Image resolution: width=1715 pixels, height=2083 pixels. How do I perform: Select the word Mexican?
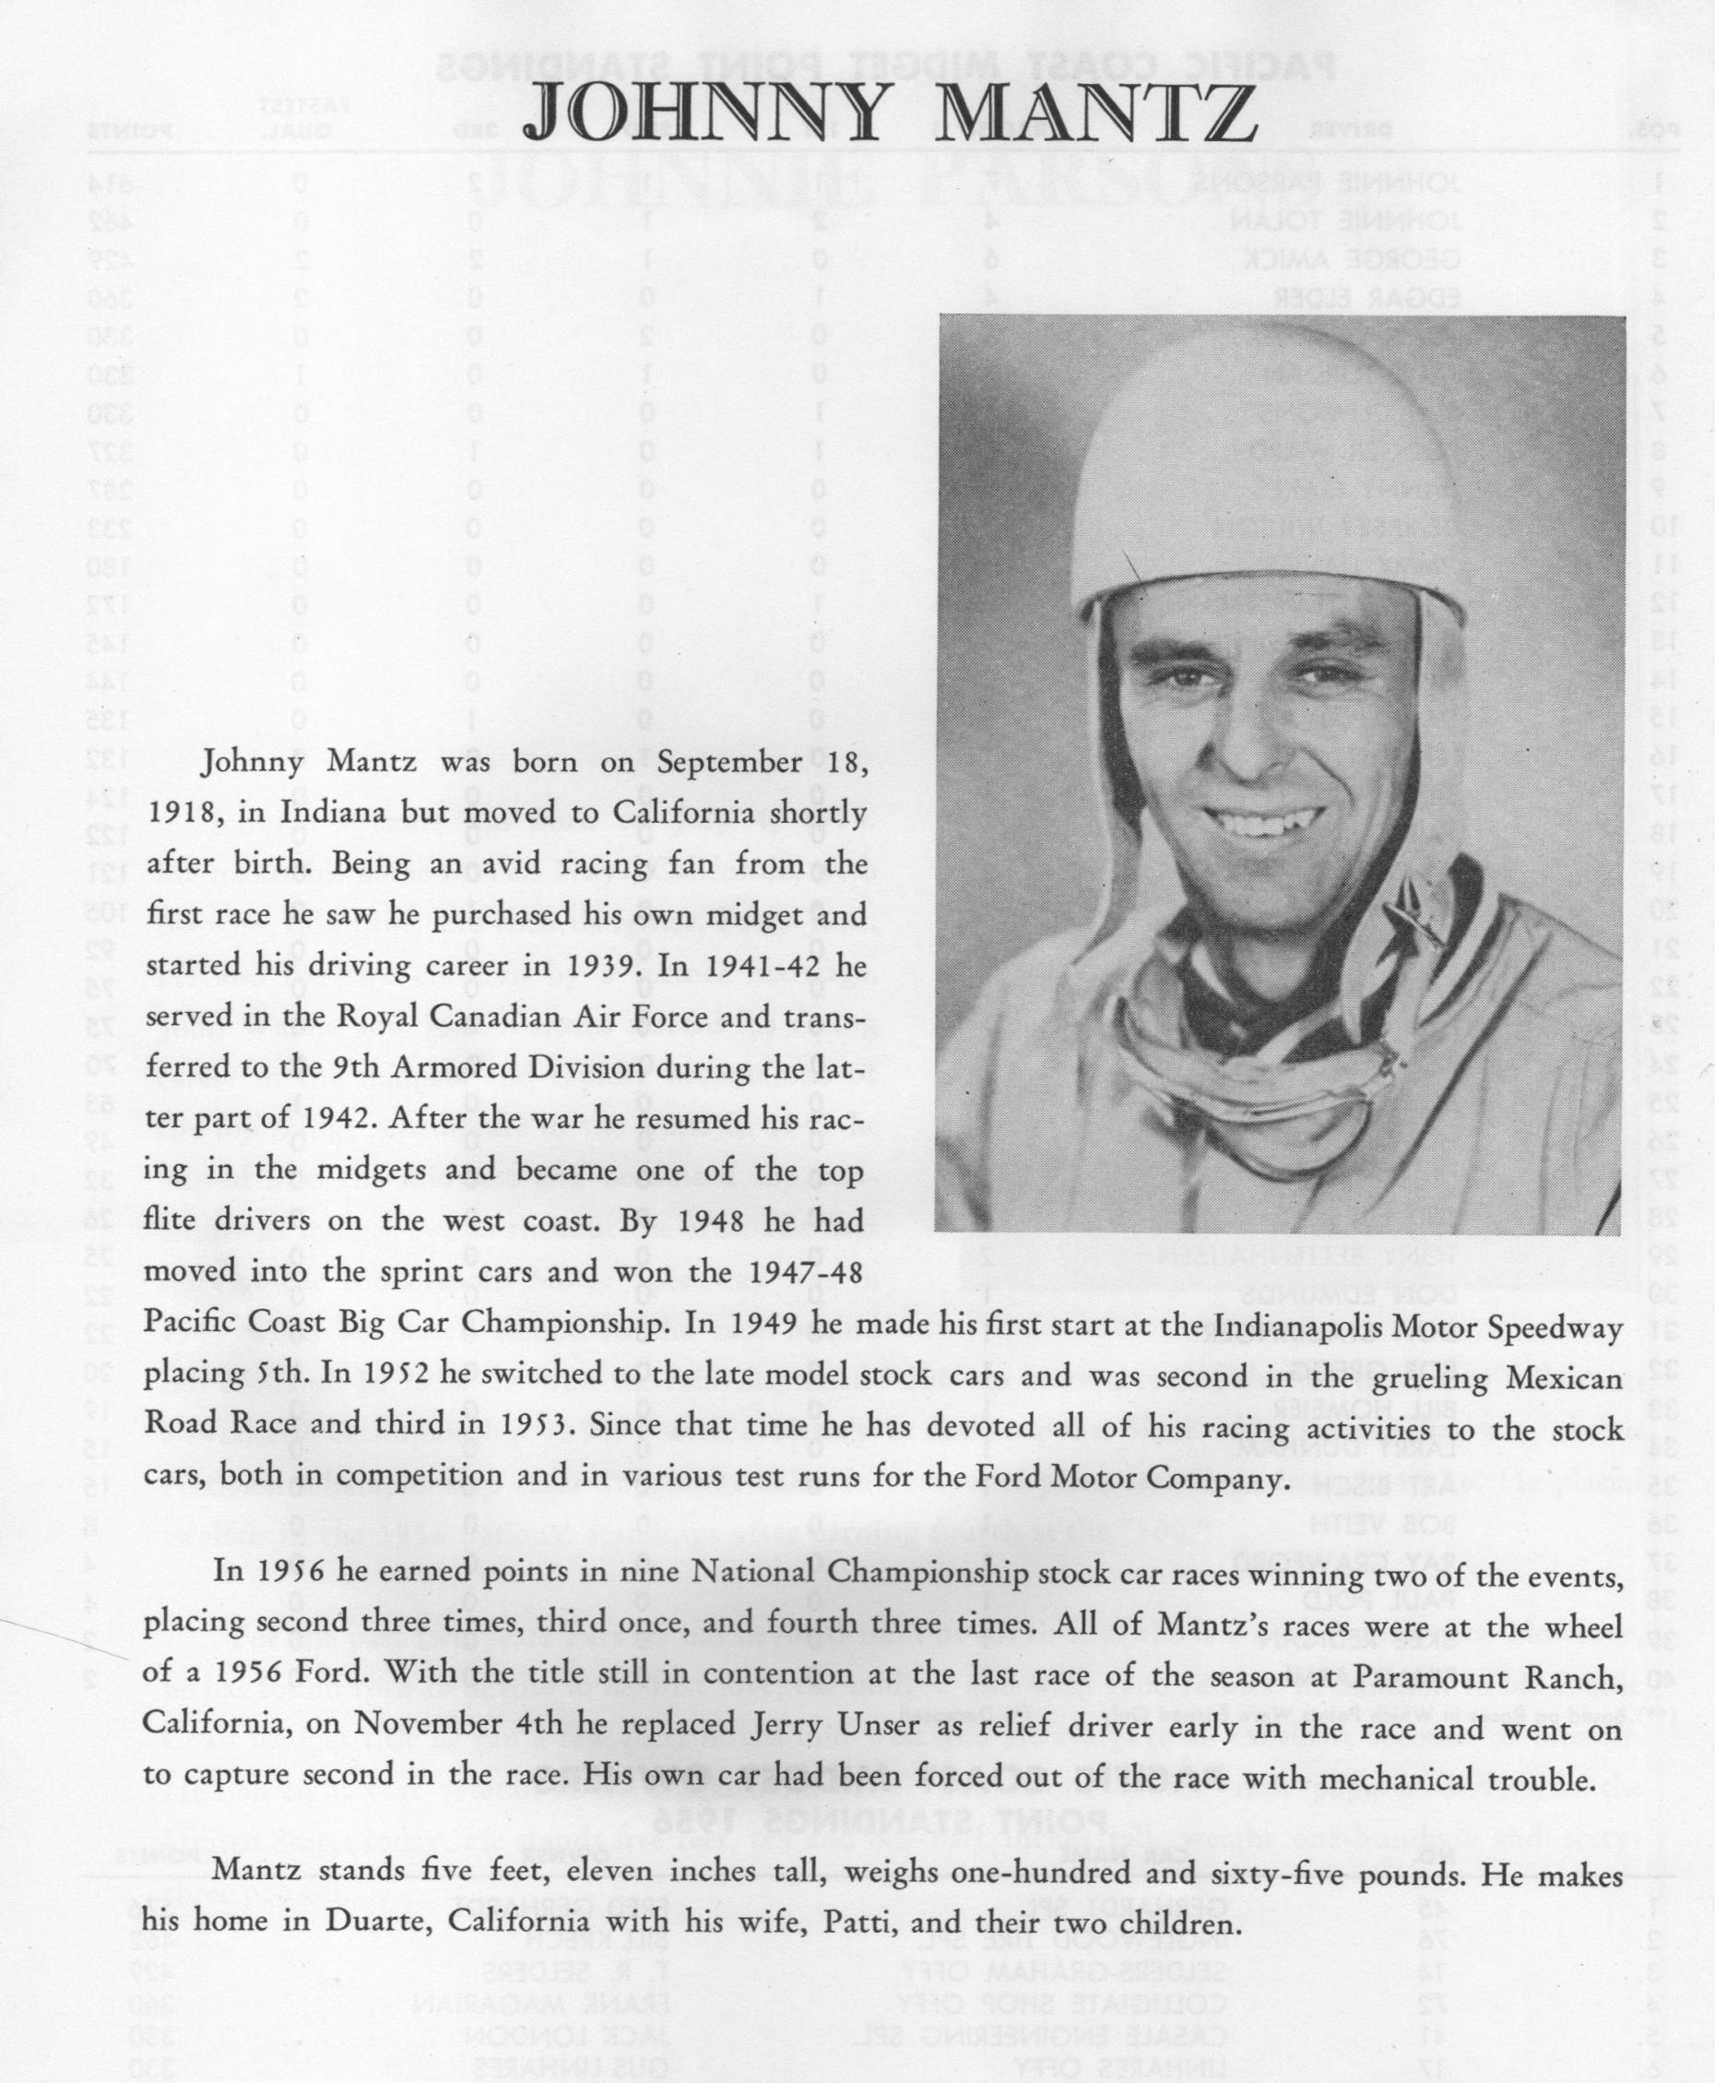click(1561, 1376)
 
